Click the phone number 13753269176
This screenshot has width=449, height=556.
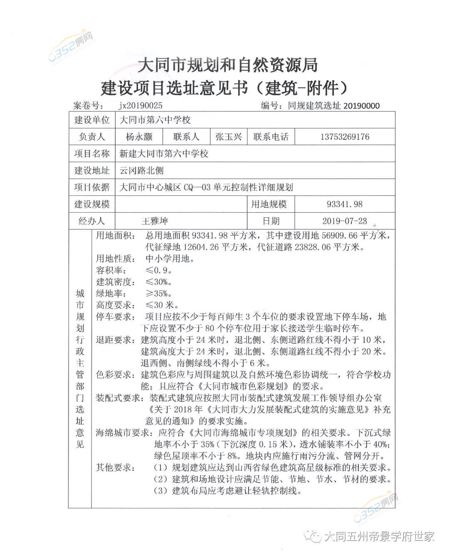(x=345, y=137)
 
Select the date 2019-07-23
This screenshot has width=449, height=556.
(x=345, y=221)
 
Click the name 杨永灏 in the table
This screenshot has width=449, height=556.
(x=139, y=137)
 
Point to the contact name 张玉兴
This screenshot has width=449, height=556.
(x=228, y=137)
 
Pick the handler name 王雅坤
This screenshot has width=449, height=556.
(x=155, y=221)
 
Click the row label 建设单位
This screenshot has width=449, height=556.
(x=92, y=120)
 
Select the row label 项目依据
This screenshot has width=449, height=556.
(x=92, y=187)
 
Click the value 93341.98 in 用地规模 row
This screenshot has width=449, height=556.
(x=345, y=204)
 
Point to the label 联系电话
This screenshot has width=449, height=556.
(x=271, y=137)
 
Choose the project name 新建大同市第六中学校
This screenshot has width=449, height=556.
(x=164, y=154)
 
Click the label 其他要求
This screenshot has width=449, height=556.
(x=114, y=467)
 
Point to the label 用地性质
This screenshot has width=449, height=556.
(x=114, y=258)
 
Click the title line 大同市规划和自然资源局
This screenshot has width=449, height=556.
(x=228, y=65)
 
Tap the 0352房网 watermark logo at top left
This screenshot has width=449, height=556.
(x=72, y=46)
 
